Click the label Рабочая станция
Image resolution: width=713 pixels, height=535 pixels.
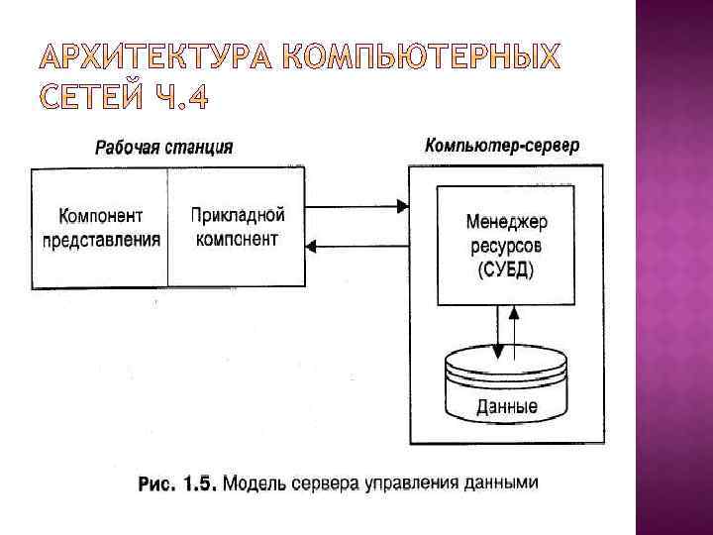coord(163,148)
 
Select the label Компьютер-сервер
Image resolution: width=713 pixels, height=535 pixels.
coord(503,146)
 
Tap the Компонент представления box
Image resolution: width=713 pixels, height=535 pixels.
coord(100,228)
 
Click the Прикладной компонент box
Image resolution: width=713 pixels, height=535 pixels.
coord(237,228)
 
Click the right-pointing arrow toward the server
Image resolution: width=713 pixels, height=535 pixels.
coord(356,207)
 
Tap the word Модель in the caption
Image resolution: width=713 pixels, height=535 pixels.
coord(256,485)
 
